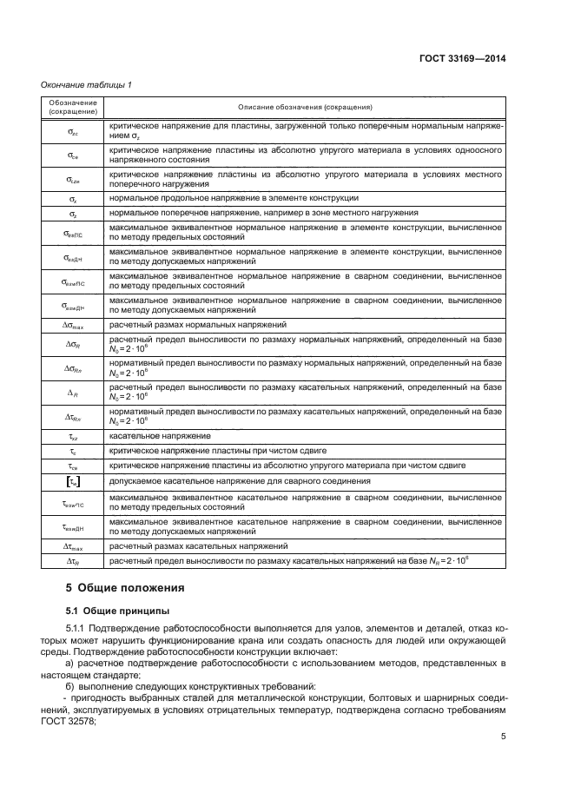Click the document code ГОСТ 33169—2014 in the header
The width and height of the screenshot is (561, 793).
click(x=462, y=58)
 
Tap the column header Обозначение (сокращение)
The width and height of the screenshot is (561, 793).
click(x=73, y=107)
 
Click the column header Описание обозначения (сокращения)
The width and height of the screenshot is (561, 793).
click(x=305, y=107)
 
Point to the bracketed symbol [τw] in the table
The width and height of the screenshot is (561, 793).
click(x=73, y=480)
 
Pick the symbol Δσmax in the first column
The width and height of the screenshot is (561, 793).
click(x=73, y=324)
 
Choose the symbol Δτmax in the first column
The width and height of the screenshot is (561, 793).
click(x=73, y=545)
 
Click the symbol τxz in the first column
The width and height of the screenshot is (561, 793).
click(x=73, y=434)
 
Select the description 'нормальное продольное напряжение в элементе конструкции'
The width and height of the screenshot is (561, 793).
click(x=234, y=198)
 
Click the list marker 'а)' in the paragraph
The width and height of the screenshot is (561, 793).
click(x=70, y=664)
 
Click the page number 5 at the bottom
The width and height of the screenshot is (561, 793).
click(x=503, y=737)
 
